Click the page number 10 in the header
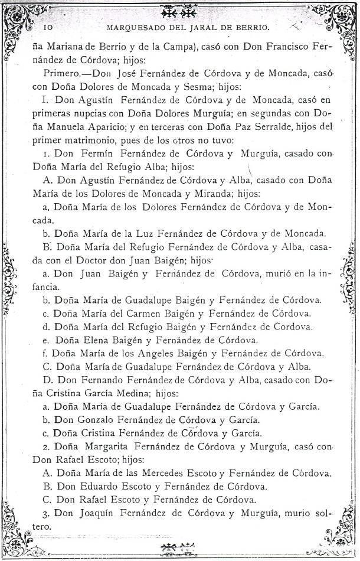coord(48,27)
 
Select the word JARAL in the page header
coord(222,27)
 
